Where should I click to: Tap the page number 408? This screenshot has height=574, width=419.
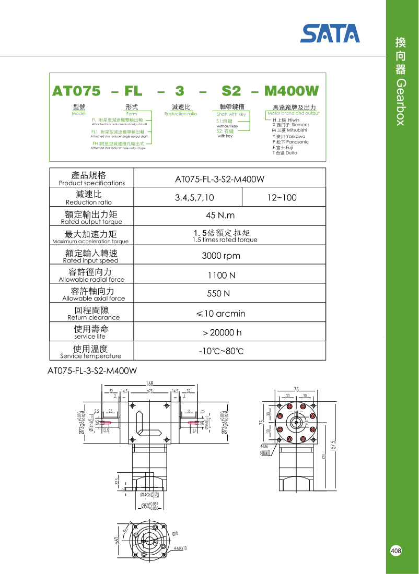pyautogui.click(x=396, y=551)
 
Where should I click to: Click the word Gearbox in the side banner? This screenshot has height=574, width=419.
pyautogui.click(x=401, y=103)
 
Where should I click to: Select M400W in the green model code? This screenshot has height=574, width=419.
pyautogui.click(x=291, y=91)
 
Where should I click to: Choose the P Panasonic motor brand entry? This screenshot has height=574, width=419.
pyautogui.click(x=290, y=142)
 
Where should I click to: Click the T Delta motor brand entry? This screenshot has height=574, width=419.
pyautogui.click(x=285, y=153)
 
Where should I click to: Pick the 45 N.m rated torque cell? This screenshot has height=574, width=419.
pyautogui.click(x=220, y=216)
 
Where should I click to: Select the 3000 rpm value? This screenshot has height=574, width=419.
pyautogui.click(x=221, y=256)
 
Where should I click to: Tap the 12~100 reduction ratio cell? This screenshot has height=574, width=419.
pyautogui.click(x=282, y=197)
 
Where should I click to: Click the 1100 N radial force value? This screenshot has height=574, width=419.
pyautogui.click(x=221, y=275)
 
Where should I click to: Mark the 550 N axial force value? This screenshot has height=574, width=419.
pyautogui.click(x=218, y=294)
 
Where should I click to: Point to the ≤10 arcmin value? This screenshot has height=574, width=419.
pyautogui.click(x=220, y=314)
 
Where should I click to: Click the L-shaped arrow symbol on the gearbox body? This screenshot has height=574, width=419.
pyautogui.click(x=146, y=424)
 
